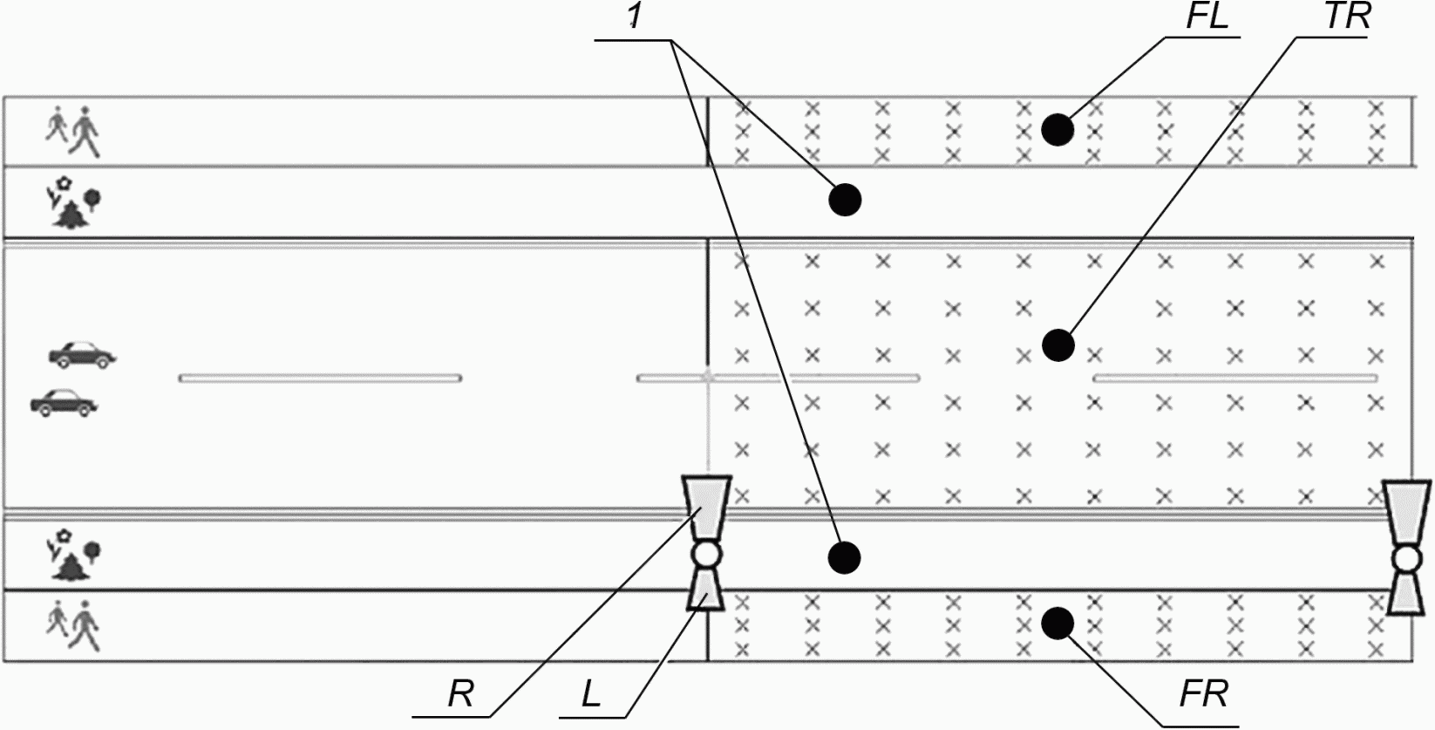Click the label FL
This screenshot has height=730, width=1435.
1207,17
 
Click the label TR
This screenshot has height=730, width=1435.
1347,17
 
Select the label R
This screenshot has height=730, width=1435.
460,693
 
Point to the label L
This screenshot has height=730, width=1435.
591,693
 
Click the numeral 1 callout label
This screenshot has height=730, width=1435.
634,17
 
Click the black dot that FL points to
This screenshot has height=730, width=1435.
1058,130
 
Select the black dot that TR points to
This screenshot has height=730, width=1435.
1058,345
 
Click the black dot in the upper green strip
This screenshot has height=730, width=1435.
844,200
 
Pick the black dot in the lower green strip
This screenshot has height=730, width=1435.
844,557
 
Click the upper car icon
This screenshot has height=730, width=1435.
83,354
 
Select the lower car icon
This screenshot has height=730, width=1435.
64,402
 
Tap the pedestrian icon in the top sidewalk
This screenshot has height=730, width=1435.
73,132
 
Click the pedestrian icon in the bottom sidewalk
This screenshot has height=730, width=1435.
73,624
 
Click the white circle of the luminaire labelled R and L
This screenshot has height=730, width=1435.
706,555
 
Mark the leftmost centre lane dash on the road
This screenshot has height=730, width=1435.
320,379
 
